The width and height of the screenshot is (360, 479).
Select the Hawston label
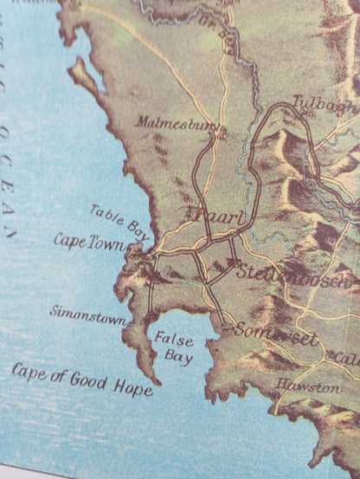308,387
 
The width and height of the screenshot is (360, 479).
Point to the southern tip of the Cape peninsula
157,382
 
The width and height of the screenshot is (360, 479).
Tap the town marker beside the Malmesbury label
222,130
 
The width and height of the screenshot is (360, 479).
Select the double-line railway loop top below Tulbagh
281,108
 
